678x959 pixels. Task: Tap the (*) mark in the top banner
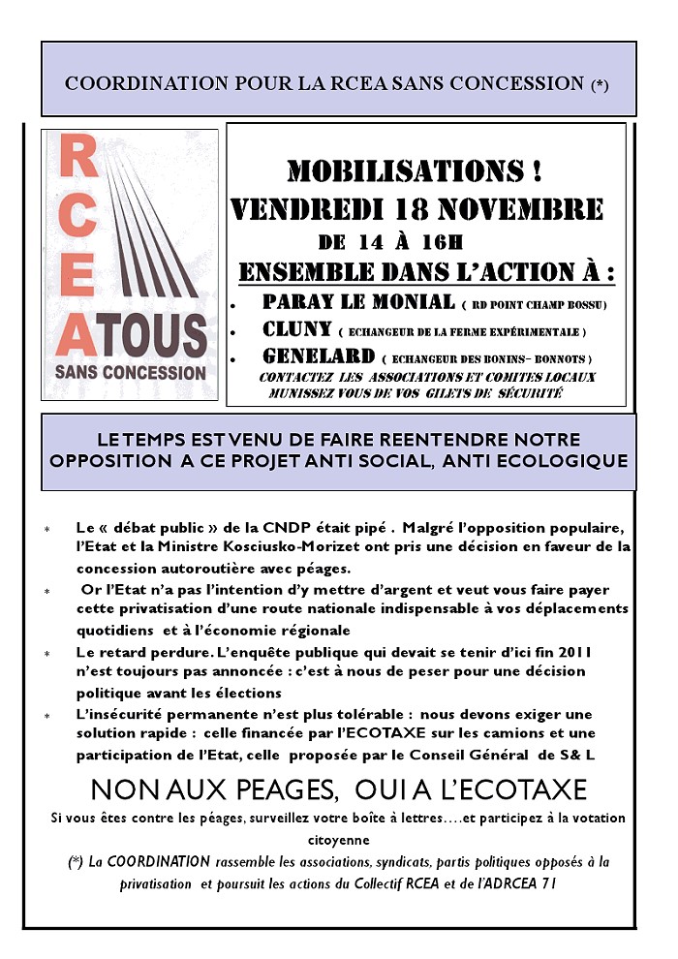pyautogui.click(x=600, y=84)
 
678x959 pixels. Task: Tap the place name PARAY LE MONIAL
pyautogui.click(x=358, y=302)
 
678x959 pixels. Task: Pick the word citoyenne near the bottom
pyautogui.click(x=338, y=839)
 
